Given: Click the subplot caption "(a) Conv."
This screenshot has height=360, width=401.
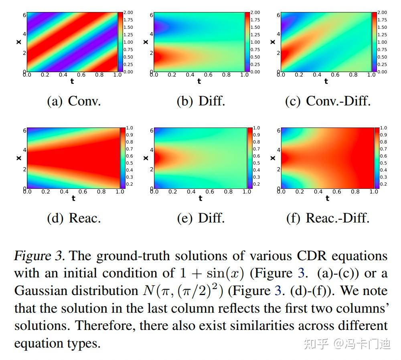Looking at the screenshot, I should [x=74, y=101].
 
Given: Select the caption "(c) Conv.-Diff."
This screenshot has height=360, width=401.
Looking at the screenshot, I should [x=328, y=101].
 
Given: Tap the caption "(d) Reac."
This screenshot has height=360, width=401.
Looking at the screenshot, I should [x=74, y=218].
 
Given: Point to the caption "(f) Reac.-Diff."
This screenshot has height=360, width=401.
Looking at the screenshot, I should [x=328, y=218].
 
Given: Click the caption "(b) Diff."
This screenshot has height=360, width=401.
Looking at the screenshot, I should [x=201, y=101].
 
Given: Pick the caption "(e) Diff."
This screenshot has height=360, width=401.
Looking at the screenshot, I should [x=201, y=218].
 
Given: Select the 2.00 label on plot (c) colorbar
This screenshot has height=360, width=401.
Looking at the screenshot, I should [x=382, y=12].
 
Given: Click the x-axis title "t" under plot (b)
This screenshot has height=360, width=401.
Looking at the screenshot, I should [x=199, y=81].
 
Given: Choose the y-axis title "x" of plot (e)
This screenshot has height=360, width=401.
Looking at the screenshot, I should [x=146, y=158].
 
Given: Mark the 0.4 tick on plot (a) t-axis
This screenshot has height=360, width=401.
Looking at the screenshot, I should [x=63, y=75].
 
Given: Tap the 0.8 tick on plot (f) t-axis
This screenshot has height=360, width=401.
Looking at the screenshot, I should [x=355, y=192].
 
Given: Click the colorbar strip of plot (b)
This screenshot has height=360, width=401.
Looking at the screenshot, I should [x=247, y=42].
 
